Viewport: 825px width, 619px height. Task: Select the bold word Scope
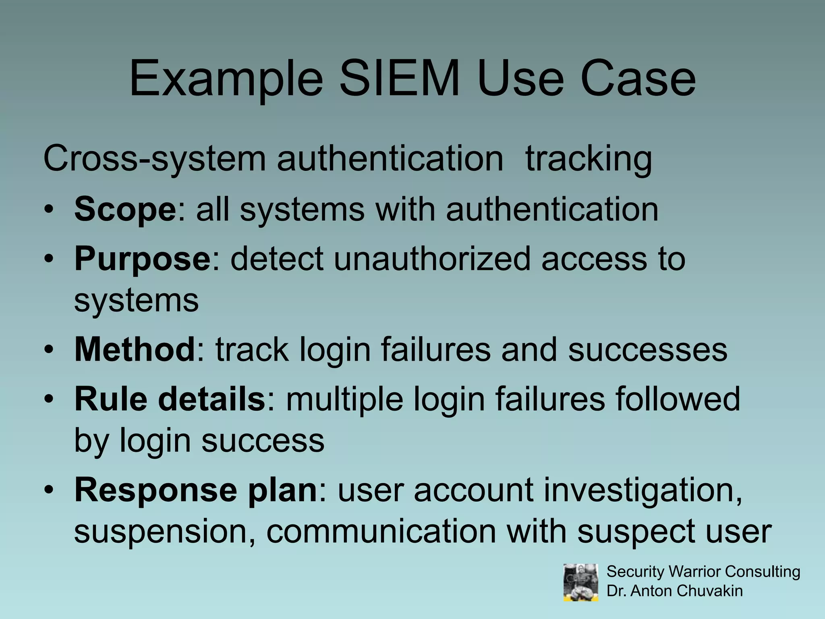[x=125, y=210]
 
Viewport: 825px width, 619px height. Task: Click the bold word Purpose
[x=142, y=260]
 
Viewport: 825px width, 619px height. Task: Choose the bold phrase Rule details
[x=170, y=399]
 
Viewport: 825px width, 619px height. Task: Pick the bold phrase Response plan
[x=196, y=490]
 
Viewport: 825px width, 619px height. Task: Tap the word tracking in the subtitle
[x=588, y=160]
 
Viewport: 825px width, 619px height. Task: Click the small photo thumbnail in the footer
[x=580, y=582]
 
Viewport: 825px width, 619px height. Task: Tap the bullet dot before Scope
[x=49, y=210]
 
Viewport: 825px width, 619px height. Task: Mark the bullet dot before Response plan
[x=49, y=490]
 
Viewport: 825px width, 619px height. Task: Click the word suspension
[x=164, y=532]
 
